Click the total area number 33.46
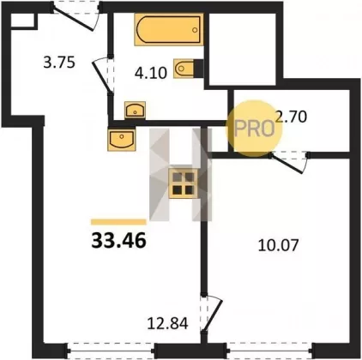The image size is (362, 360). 118,240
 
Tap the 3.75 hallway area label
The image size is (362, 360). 59,63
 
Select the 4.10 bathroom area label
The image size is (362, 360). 151,73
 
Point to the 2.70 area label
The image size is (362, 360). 291,117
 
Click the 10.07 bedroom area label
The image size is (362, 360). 278,245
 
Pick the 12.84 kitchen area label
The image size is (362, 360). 167,323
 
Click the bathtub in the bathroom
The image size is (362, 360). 169,30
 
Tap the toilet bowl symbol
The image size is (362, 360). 184,68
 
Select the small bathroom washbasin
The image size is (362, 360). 135,111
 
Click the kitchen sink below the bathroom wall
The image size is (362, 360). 121,139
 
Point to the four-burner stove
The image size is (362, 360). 184,183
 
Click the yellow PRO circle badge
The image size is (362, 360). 254,129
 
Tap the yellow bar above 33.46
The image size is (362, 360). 118,222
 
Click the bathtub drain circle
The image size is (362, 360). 195,30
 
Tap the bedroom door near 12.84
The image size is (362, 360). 214,315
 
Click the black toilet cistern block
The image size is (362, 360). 199,68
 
